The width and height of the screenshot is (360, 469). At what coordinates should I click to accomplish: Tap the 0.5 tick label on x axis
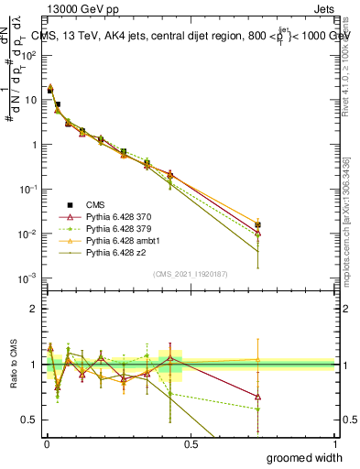(x=191, y=442)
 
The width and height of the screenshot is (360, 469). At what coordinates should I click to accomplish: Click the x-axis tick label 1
(x=335, y=442)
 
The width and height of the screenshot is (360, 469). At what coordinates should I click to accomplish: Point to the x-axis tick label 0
(x=47, y=442)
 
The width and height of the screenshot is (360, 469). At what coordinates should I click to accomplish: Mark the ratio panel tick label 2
(x=36, y=309)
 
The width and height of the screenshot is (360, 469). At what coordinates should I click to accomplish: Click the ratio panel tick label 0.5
(x=32, y=420)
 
